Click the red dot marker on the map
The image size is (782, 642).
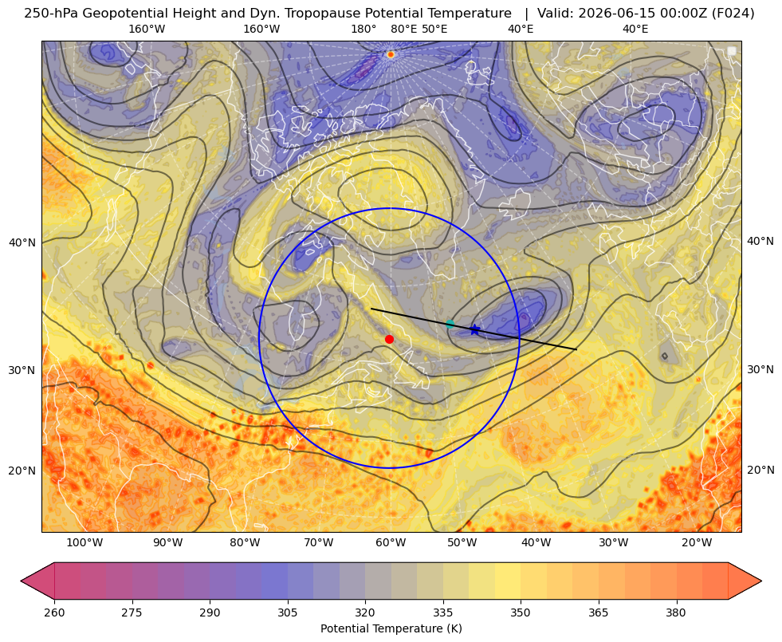point(390,339)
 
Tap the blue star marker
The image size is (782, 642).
point(474,329)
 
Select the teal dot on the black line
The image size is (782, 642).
point(450,325)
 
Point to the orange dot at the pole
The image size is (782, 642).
point(391,54)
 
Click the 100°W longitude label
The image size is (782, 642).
point(84,543)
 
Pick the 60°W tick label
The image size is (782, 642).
point(390,543)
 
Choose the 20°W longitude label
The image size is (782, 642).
point(697,543)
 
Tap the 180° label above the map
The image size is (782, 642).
point(363,29)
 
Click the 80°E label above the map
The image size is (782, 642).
point(404,29)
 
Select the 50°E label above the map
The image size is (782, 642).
point(434,29)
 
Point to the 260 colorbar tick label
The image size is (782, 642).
point(54,612)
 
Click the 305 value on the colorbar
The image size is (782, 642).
point(288,612)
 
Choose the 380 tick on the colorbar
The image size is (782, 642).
point(676,612)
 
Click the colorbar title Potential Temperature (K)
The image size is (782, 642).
point(391,628)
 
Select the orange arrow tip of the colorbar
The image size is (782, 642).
point(760,581)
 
